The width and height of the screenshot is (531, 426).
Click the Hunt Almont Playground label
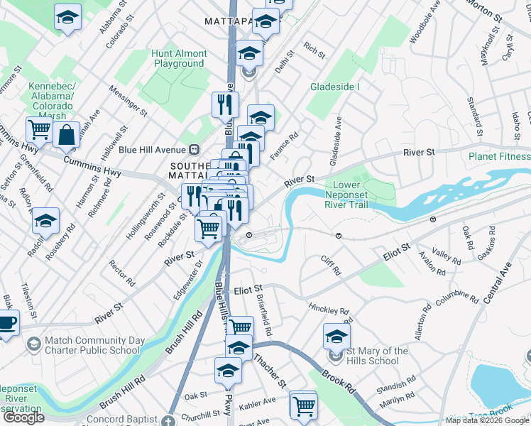click(x=180, y=58)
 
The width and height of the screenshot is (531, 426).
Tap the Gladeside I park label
click(x=335, y=87)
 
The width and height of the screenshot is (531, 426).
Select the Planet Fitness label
click(x=499, y=156)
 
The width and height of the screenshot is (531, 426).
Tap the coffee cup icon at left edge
click(x=6, y=323)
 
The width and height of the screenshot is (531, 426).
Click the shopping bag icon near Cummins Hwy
click(x=66, y=135)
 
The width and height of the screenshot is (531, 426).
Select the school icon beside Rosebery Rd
click(x=45, y=220)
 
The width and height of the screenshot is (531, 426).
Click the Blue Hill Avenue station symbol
click(x=192, y=149)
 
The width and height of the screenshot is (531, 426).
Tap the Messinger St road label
click(x=128, y=100)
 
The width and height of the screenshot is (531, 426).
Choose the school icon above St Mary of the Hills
click(x=337, y=335)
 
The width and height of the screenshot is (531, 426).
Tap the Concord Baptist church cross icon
click(x=168, y=420)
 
